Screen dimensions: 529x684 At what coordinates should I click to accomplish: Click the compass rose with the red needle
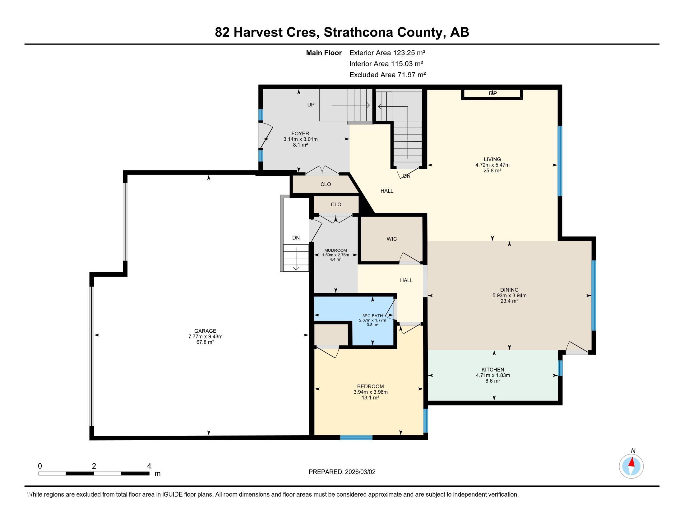pos(631,466)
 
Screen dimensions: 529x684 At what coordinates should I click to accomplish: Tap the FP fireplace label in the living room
pos(493,93)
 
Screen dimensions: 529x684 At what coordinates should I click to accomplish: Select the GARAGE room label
pos(205,331)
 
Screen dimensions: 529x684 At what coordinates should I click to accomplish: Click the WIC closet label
pos(391,239)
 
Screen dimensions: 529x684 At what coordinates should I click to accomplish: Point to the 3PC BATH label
pos(372,316)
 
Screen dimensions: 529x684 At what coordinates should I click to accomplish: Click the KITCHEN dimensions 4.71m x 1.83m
pos(493,375)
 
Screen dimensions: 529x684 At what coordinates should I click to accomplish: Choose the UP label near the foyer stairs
pos(311,105)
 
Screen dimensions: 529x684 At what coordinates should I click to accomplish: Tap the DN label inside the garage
pos(296,238)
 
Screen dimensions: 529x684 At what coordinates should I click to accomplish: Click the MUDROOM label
pos(335,250)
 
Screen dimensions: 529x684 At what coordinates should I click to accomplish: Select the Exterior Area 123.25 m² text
pos(387,53)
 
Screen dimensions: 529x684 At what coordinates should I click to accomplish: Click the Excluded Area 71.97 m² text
pos(387,75)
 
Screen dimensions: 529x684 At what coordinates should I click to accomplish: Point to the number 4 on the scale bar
pos(149,466)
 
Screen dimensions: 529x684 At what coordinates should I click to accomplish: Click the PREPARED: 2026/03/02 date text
pos(342,472)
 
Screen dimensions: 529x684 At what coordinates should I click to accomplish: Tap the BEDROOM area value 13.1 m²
pos(370,398)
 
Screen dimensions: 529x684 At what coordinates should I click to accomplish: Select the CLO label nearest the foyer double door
pos(326,184)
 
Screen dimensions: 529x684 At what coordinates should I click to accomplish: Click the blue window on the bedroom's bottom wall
pos(356,438)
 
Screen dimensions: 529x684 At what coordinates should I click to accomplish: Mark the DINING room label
pos(509,290)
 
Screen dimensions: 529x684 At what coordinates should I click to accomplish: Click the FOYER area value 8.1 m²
pos(300,145)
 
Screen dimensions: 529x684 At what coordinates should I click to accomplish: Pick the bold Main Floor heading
pos(324,53)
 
